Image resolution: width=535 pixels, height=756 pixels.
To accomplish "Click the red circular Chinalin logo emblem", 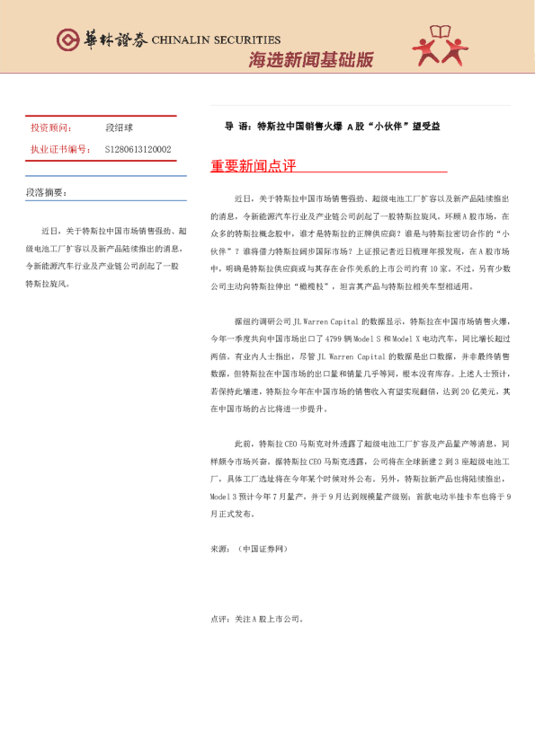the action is point(67,40).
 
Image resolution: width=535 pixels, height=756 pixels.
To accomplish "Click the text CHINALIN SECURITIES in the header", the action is point(216,40).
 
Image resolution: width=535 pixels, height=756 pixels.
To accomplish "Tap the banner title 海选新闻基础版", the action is point(311,60).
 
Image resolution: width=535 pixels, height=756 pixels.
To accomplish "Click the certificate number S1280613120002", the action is point(138,149).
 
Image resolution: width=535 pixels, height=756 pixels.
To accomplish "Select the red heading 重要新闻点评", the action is point(253,167).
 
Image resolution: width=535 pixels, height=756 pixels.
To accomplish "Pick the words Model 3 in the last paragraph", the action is point(226,496).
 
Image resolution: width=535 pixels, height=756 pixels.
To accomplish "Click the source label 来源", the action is point(219,548).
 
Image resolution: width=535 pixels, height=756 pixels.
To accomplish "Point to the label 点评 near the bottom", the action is point(219,619).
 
